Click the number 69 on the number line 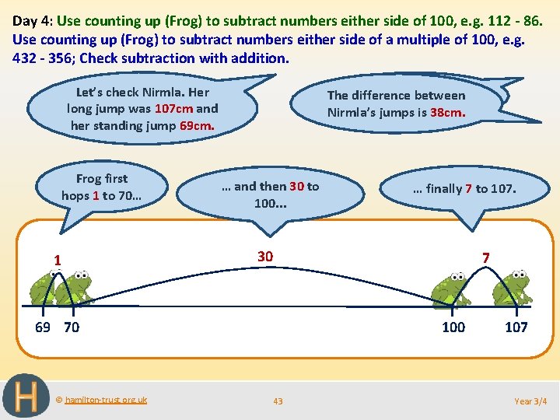click(x=44, y=327)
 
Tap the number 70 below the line click(x=71, y=327)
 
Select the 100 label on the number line click(x=453, y=327)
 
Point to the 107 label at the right click(x=516, y=327)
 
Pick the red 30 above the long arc click(x=265, y=257)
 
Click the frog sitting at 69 click(x=43, y=289)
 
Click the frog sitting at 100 click(x=451, y=289)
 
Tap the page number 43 click(x=278, y=401)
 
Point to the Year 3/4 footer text click(x=530, y=401)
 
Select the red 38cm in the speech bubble click(x=448, y=112)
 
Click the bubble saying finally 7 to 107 click(x=464, y=188)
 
